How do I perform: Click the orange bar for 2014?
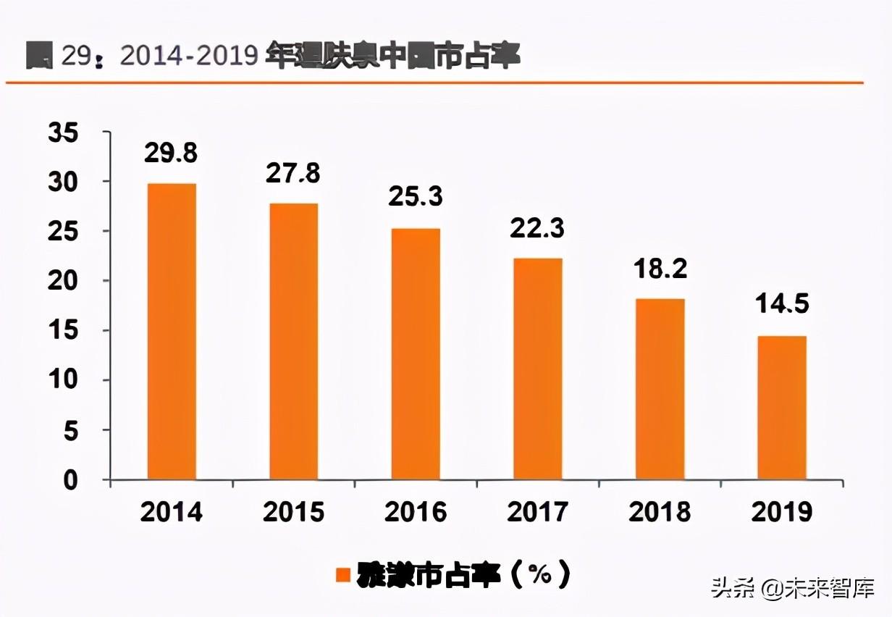pyautogui.click(x=171, y=331)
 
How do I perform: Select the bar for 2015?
pyautogui.click(x=293, y=341)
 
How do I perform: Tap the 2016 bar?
pyautogui.click(x=415, y=353)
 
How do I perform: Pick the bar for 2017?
pyautogui.click(x=537, y=369)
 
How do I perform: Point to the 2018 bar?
pyautogui.click(x=660, y=389)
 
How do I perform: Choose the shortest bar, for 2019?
pyautogui.click(x=781, y=407)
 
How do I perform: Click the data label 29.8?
pyautogui.click(x=171, y=154)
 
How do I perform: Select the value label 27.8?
pyautogui.click(x=293, y=174)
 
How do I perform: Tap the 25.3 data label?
pyautogui.click(x=415, y=197)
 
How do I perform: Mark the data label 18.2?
pyautogui.click(x=659, y=269)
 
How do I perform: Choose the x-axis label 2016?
pyautogui.click(x=415, y=513)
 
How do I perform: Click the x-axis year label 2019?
pyautogui.click(x=781, y=513)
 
